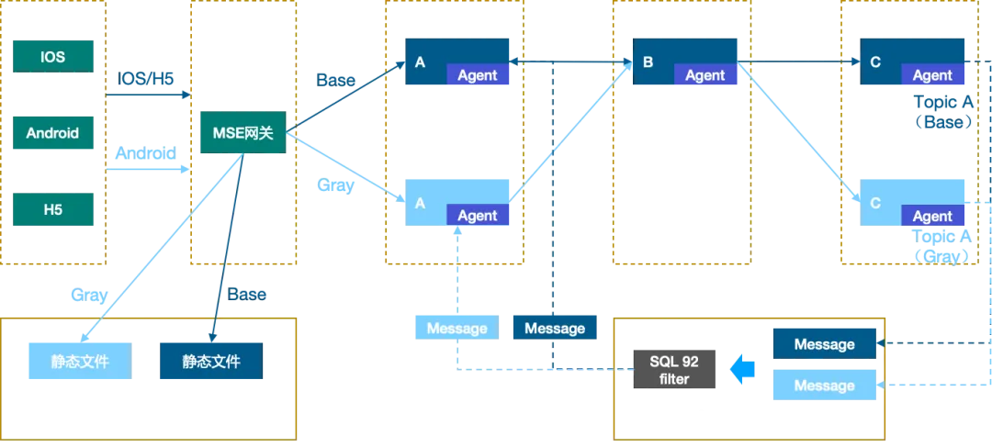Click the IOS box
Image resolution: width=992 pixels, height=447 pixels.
click(x=52, y=57)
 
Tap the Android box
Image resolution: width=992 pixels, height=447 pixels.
click(x=52, y=133)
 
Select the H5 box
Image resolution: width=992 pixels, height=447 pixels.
click(x=52, y=208)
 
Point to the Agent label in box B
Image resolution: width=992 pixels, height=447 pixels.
click(x=705, y=76)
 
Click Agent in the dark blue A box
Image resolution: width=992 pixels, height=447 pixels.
click(x=478, y=76)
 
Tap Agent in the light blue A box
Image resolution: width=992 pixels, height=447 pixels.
click(x=478, y=216)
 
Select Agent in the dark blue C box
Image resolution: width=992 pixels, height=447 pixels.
click(x=932, y=76)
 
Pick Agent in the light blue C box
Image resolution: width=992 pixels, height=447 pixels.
click(x=932, y=217)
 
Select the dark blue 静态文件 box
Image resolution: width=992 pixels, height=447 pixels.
click(x=211, y=362)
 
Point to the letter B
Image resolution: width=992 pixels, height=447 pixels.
click(x=648, y=62)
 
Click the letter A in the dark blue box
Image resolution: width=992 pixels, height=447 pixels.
click(x=421, y=62)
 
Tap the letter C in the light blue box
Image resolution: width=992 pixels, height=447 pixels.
click(x=875, y=203)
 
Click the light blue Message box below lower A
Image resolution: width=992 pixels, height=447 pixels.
click(x=457, y=329)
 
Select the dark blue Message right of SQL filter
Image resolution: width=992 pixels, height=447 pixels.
click(x=825, y=344)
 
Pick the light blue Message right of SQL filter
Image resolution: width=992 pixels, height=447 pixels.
click(x=825, y=386)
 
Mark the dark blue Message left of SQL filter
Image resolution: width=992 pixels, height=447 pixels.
click(x=555, y=329)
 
